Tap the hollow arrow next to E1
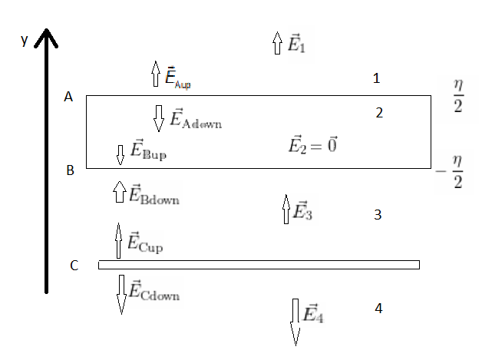277,43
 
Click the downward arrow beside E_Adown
159,117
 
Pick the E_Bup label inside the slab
148,150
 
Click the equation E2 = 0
313,144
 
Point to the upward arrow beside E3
286,209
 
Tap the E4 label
313,313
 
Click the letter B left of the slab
70,170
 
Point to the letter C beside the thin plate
74,266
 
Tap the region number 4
378,309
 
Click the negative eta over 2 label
451,172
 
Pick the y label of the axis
25,40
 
